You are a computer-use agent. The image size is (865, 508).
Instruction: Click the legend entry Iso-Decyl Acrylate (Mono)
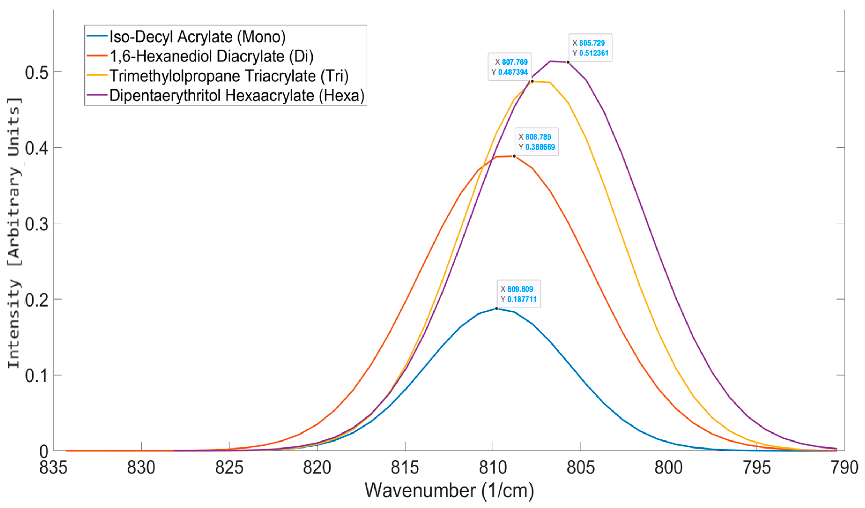click(197, 37)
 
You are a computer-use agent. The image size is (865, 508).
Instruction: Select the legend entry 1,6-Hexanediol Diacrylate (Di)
click(211, 56)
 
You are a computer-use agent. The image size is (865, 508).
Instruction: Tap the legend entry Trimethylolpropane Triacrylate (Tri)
click(229, 76)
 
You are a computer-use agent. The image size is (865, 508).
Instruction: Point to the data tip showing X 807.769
click(510, 67)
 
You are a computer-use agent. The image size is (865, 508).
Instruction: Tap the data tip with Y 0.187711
click(518, 294)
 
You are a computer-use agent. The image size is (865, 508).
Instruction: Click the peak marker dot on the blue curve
click(496, 308)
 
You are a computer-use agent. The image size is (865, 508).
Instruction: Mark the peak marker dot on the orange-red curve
click(514, 156)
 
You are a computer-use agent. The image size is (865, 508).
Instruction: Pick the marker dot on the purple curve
click(568, 62)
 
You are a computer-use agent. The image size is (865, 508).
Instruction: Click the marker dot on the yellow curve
click(532, 81)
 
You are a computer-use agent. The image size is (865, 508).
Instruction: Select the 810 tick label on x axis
click(493, 468)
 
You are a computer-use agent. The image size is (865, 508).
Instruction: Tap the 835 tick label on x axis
click(54, 468)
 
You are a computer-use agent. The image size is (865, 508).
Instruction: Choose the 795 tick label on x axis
click(756, 468)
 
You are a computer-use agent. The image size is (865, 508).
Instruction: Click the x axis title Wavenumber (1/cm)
click(449, 491)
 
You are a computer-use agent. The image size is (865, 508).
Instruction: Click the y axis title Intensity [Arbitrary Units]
click(14, 233)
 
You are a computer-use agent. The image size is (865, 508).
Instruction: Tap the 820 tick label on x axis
click(317, 468)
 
